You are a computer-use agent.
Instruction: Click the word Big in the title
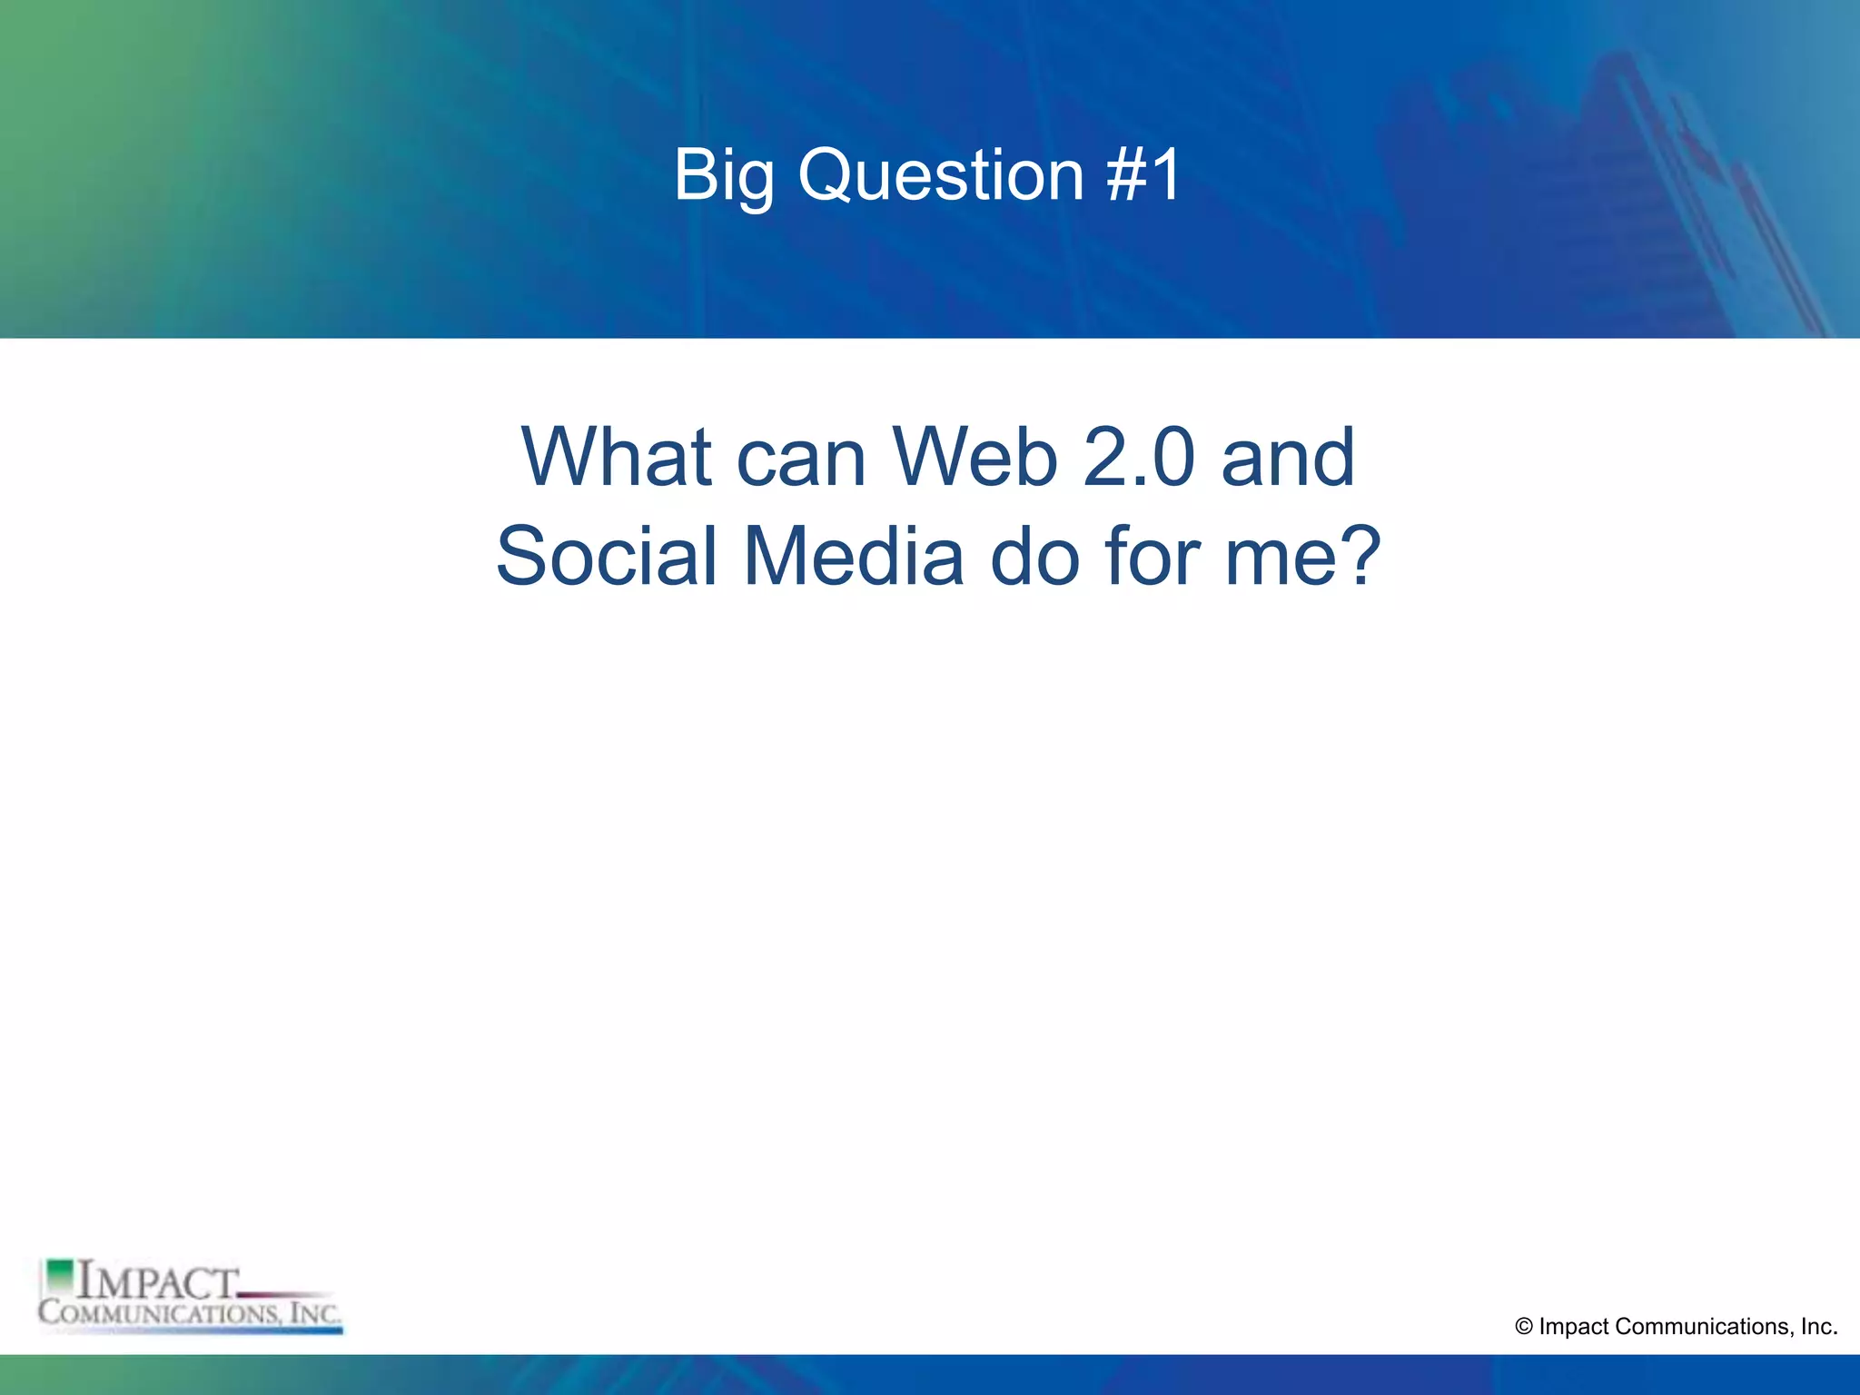coord(723,176)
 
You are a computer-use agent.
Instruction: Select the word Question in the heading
coord(941,174)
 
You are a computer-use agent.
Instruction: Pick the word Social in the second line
coord(606,556)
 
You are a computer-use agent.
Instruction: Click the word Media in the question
coord(854,556)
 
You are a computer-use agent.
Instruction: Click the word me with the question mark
coord(1302,558)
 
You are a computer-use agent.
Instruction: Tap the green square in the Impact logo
coord(60,1273)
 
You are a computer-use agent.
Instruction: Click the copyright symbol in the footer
coord(1524,1327)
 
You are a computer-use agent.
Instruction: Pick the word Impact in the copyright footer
coord(1575,1327)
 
